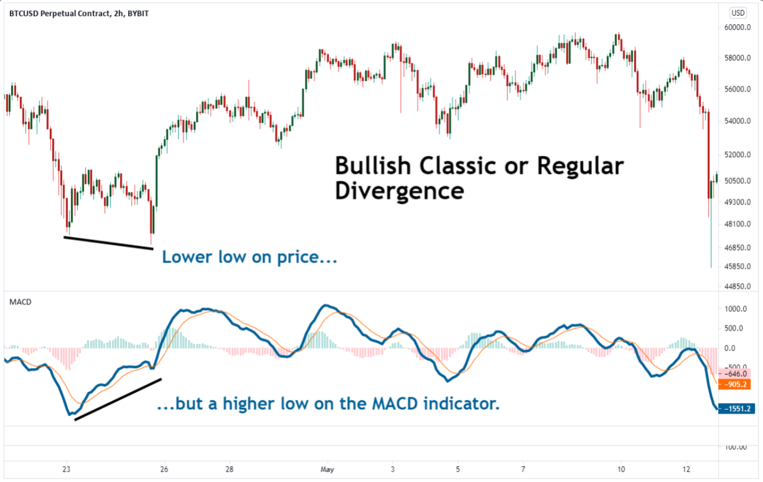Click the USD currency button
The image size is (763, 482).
738,13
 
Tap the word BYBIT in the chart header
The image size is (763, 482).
137,13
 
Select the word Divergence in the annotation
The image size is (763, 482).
399,191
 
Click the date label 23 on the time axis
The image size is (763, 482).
66,469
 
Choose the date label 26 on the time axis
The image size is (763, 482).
164,469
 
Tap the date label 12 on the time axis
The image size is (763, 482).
686,469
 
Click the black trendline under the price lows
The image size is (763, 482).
108,243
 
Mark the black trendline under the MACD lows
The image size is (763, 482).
118,399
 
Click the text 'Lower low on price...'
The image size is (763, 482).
249,257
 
